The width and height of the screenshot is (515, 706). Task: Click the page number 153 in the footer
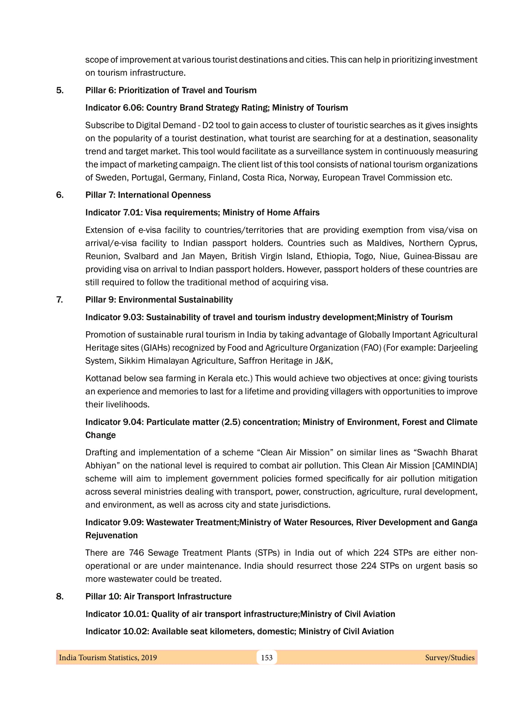[x=266, y=657]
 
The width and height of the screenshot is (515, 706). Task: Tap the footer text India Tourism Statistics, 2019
[x=108, y=657]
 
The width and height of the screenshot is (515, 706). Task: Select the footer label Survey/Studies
[x=450, y=657]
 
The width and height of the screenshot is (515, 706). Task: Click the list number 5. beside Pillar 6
[x=60, y=90]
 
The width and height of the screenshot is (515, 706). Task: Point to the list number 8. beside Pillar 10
[x=60, y=596]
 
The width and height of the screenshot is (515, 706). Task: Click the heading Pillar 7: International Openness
[x=148, y=195]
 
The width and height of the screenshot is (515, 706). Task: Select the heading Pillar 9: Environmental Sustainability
[x=159, y=300]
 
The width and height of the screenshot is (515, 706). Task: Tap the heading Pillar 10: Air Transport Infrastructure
[x=158, y=596]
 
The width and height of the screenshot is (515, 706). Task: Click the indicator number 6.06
[x=133, y=108]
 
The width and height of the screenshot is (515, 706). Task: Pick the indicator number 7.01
[x=132, y=213]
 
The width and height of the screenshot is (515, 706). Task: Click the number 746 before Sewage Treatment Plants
[x=136, y=552]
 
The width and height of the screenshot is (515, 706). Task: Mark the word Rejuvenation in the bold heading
[x=111, y=535]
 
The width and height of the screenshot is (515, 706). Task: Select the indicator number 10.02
[x=135, y=631]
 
